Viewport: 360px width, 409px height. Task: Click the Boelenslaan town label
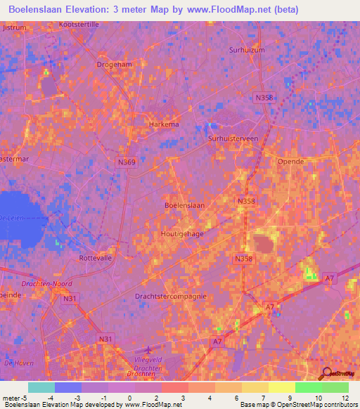click(184, 205)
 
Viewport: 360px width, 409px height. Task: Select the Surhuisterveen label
click(233, 139)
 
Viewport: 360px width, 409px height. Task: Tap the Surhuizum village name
click(246, 50)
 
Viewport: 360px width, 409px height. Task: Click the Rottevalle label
click(96, 258)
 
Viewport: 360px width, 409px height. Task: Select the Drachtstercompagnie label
click(170, 296)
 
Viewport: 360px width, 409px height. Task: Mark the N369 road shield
click(127, 162)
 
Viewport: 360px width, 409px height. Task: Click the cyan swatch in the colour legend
click(41, 387)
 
